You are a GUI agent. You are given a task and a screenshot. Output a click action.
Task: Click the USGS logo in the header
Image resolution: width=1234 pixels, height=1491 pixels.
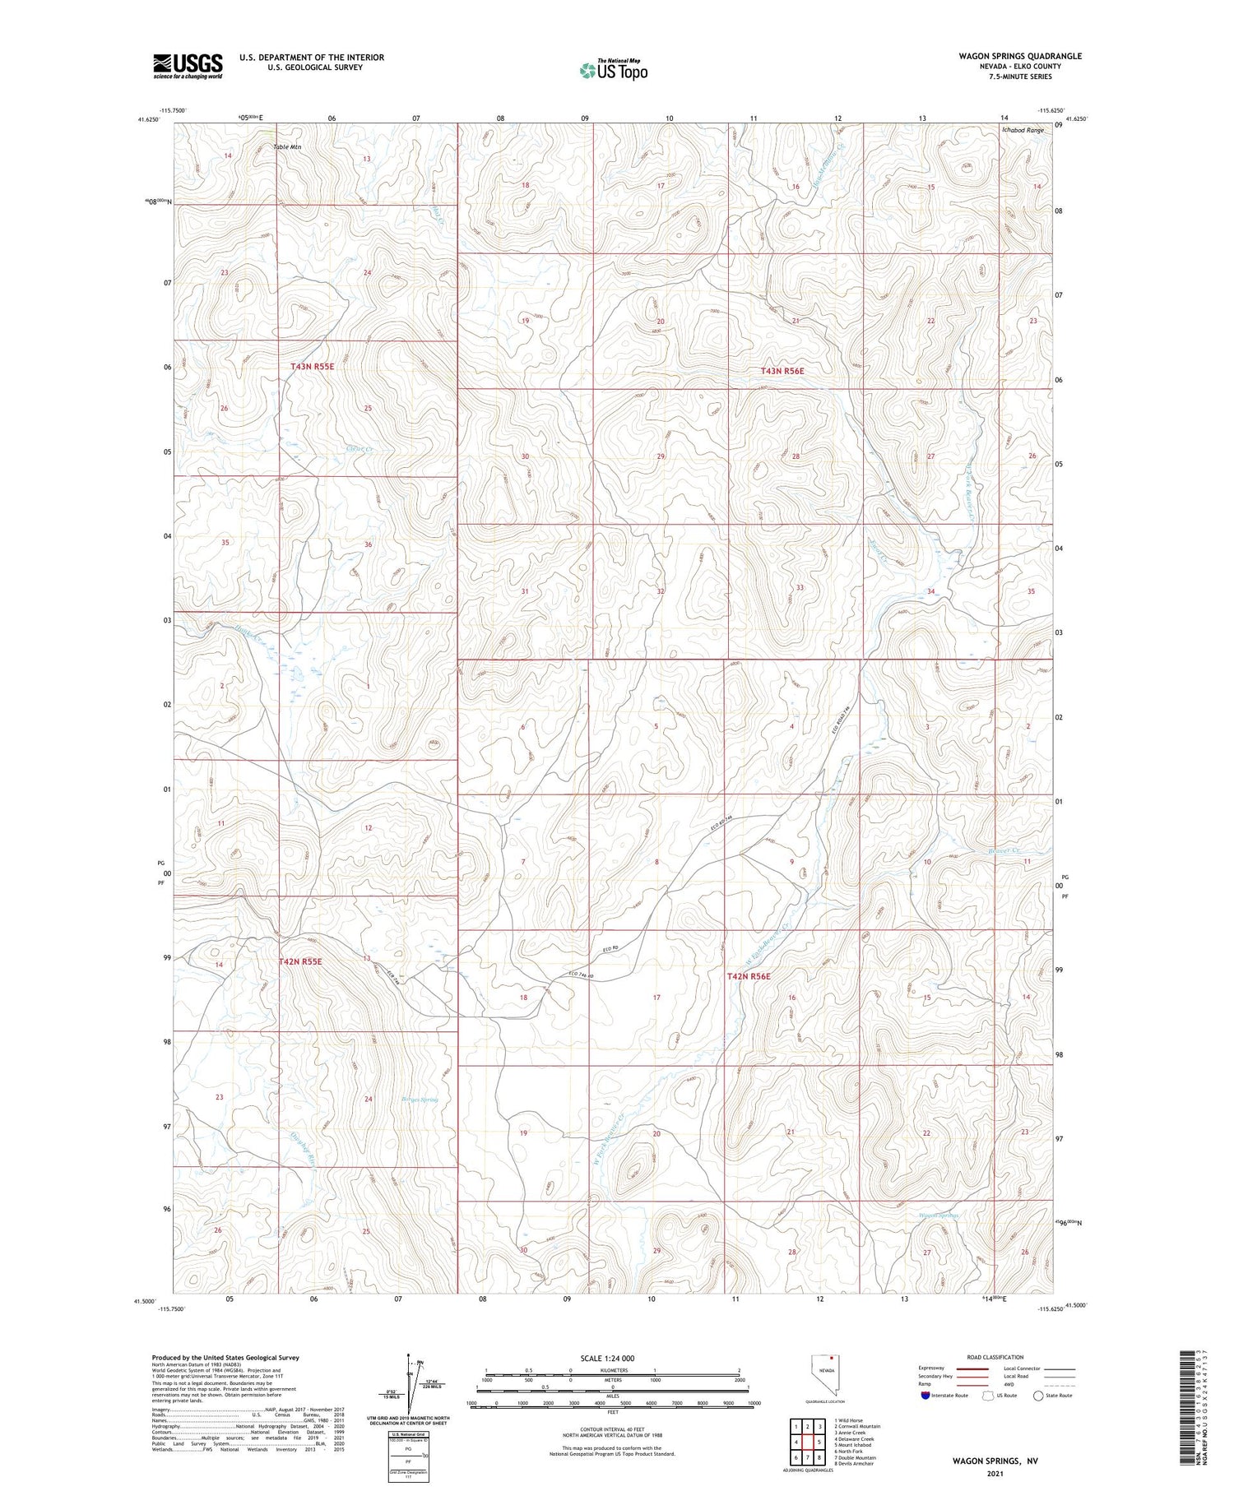tap(188, 65)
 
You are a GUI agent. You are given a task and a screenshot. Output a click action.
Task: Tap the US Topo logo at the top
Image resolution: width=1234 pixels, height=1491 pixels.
tap(614, 70)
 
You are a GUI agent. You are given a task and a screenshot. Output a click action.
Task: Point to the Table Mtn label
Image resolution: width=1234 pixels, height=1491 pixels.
tap(287, 147)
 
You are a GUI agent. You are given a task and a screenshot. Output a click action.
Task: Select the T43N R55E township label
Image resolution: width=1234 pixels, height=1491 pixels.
tap(312, 365)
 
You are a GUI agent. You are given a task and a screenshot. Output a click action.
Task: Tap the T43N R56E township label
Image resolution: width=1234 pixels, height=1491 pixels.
tap(782, 371)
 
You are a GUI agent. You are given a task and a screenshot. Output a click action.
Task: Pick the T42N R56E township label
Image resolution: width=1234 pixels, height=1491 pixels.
tap(749, 976)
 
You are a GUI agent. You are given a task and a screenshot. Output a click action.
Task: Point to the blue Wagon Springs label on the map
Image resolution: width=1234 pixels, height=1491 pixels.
tap(939, 1215)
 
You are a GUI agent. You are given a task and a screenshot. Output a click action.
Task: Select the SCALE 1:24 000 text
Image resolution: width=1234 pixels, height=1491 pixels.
tap(612, 1359)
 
